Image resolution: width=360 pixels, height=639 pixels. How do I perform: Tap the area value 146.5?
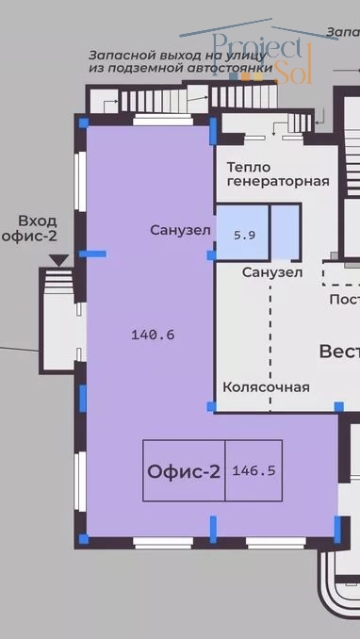tap(253, 469)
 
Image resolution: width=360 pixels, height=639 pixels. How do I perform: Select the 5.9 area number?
tap(244, 236)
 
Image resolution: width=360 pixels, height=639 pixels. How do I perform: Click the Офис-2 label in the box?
tap(184, 469)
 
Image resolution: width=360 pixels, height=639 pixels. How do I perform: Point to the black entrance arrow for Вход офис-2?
tap(58, 258)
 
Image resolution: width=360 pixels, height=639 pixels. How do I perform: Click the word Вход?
tap(36, 221)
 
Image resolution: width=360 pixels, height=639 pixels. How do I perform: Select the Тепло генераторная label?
tap(277, 173)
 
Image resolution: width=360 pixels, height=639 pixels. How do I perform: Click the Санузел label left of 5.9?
tap(181, 230)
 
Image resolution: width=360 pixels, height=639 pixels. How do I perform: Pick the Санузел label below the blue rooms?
tap(272, 273)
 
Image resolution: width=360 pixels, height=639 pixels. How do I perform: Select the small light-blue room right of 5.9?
tap(286, 233)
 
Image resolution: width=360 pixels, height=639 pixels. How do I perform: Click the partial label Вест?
tap(339, 351)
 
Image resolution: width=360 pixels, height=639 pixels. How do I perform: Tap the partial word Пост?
tap(343, 300)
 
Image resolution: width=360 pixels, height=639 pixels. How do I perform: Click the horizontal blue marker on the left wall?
tap(92, 254)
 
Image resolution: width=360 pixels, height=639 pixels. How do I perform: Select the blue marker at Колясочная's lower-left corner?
tap(211, 406)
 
